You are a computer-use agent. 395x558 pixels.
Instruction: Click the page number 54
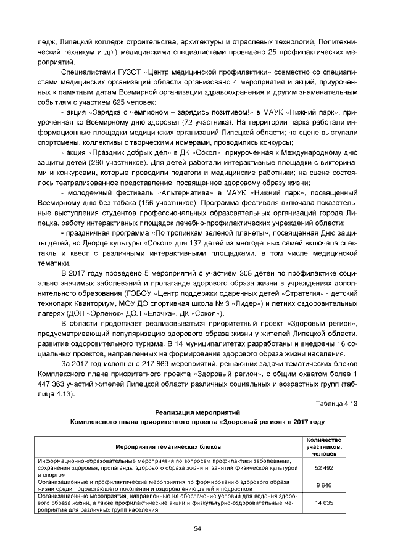197,528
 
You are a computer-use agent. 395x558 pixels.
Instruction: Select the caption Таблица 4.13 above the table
337,403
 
